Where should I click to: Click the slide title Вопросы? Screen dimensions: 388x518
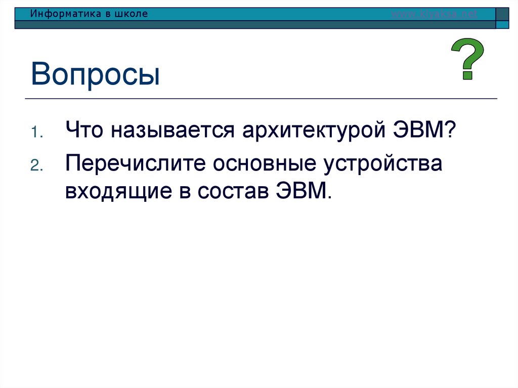click(x=95, y=74)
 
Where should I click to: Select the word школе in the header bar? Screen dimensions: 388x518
click(x=132, y=14)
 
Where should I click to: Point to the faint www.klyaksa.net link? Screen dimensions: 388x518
click(x=435, y=14)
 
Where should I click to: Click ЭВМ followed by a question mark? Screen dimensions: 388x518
click(x=424, y=132)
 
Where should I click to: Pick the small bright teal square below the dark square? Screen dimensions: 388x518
click(x=502, y=24)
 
